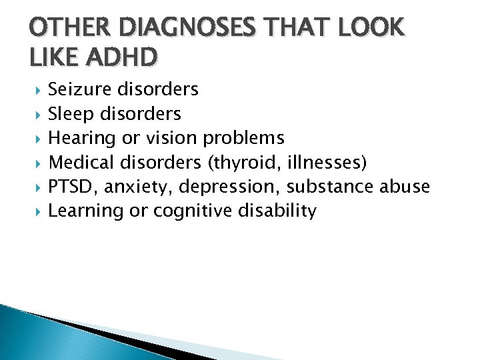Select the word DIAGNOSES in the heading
pyautogui.click(x=173, y=29)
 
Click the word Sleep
pyautogui.click(x=71, y=114)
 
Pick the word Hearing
pyautogui.click(x=79, y=139)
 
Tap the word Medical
pyautogui.click(x=79, y=163)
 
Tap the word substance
pyautogui.click(x=330, y=187)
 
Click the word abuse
pyautogui.click(x=405, y=187)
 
